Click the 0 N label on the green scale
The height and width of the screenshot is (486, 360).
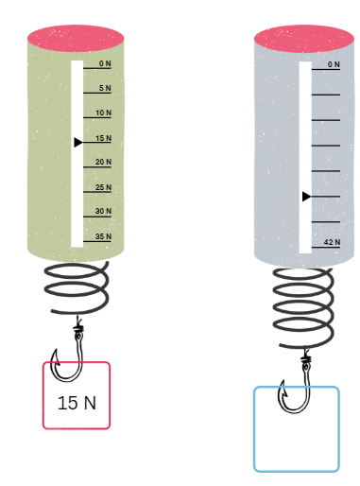(105, 63)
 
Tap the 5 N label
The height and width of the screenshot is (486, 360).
(105, 88)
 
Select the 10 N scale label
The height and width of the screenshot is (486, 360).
(103, 113)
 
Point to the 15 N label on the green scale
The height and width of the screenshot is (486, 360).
(103, 138)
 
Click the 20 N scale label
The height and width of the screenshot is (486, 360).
(103, 162)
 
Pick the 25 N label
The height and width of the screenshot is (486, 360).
(103, 187)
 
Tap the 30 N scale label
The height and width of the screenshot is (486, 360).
(103, 211)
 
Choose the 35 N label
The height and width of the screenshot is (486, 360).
(103, 236)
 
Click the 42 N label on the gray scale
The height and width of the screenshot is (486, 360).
(332, 242)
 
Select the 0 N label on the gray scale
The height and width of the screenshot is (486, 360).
(334, 64)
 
